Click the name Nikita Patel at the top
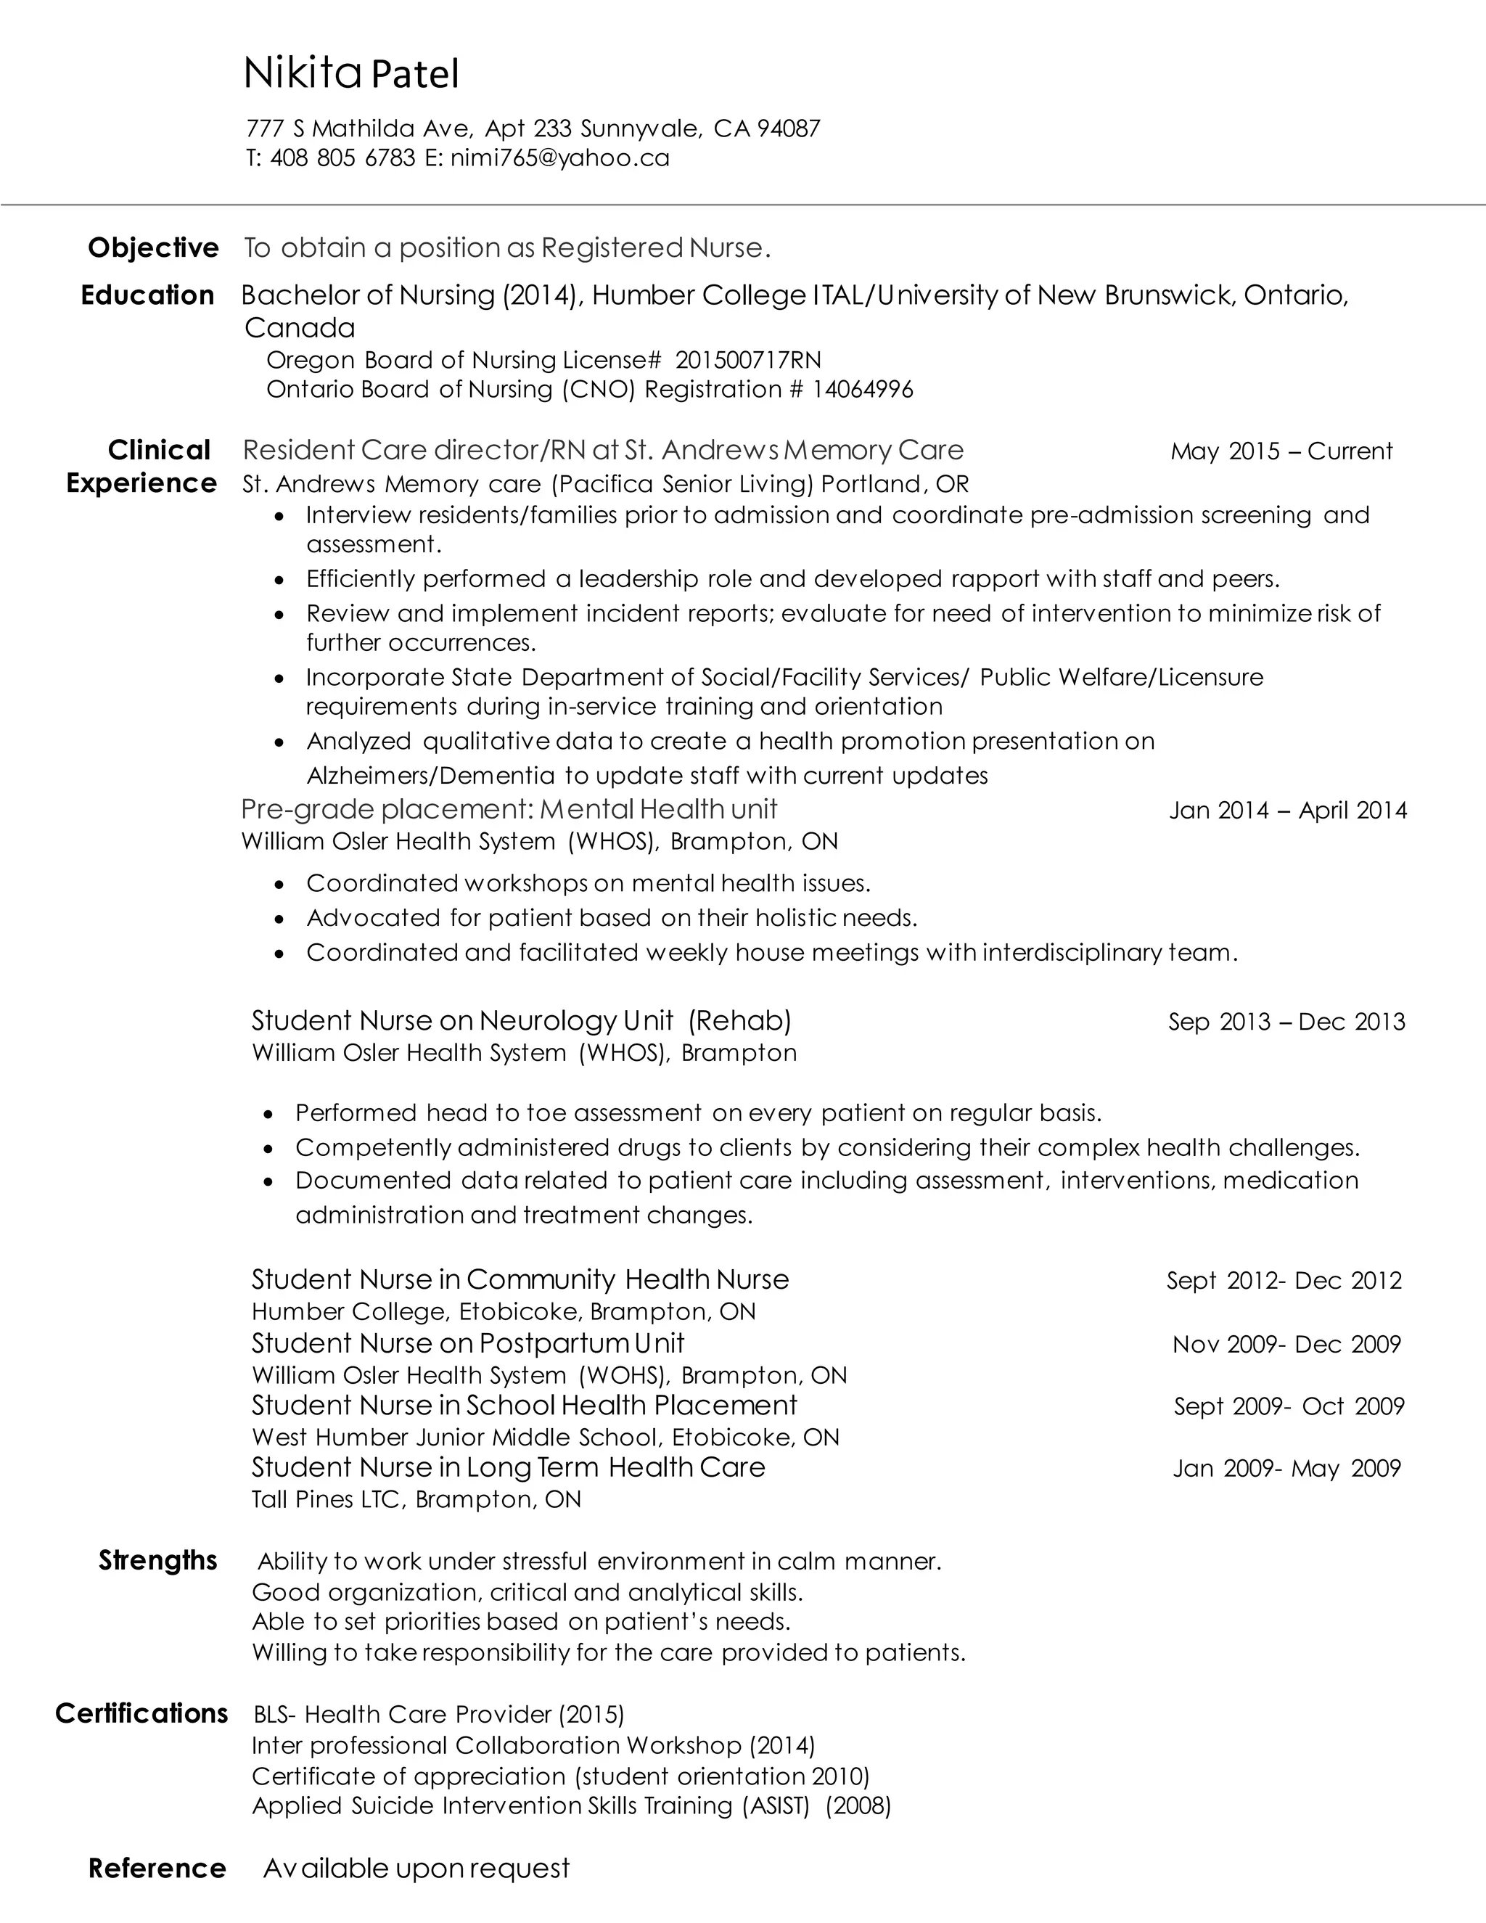[351, 74]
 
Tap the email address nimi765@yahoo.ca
[560, 157]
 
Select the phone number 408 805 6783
[342, 157]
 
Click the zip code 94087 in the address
[789, 128]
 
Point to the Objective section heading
[153, 247]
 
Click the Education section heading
[148, 295]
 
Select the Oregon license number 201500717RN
[748, 359]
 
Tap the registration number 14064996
[863, 389]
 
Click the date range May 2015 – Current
[1281, 451]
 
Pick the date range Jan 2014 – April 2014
[1288, 810]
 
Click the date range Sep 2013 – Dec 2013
[1286, 1022]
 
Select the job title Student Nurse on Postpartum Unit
[467, 1342]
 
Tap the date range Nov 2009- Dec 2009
[1286, 1345]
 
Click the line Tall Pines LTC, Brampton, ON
[416, 1499]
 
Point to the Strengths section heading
[157, 1560]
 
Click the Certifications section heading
[141, 1713]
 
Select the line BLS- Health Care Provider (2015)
[438, 1714]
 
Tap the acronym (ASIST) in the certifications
[776, 1806]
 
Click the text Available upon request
[416, 1869]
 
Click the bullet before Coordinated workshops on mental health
[280, 884]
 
